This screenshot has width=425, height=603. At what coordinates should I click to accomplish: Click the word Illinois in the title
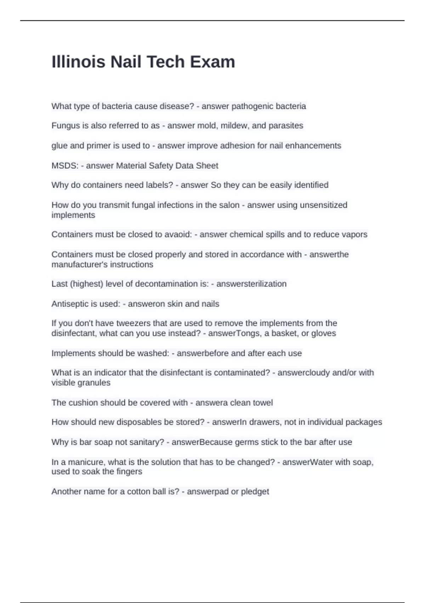tap(78, 62)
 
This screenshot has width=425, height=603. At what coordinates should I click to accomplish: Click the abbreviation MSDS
tap(64, 166)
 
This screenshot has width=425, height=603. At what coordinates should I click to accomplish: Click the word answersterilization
tap(251, 284)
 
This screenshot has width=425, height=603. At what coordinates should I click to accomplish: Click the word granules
tap(95, 383)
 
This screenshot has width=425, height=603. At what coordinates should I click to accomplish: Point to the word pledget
tap(255, 492)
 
